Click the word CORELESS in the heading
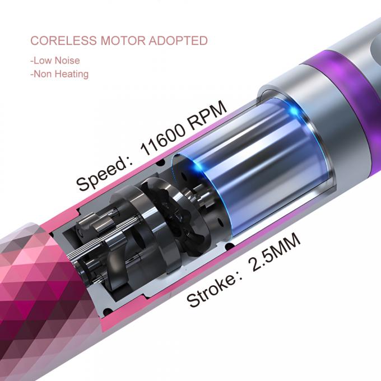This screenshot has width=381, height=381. tap(64, 40)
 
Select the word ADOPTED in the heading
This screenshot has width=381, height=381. tap(178, 40)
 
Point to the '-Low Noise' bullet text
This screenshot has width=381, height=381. tap(55, 61)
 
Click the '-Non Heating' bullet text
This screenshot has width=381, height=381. tap(59, 74)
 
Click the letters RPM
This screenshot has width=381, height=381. tap(208, 114)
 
